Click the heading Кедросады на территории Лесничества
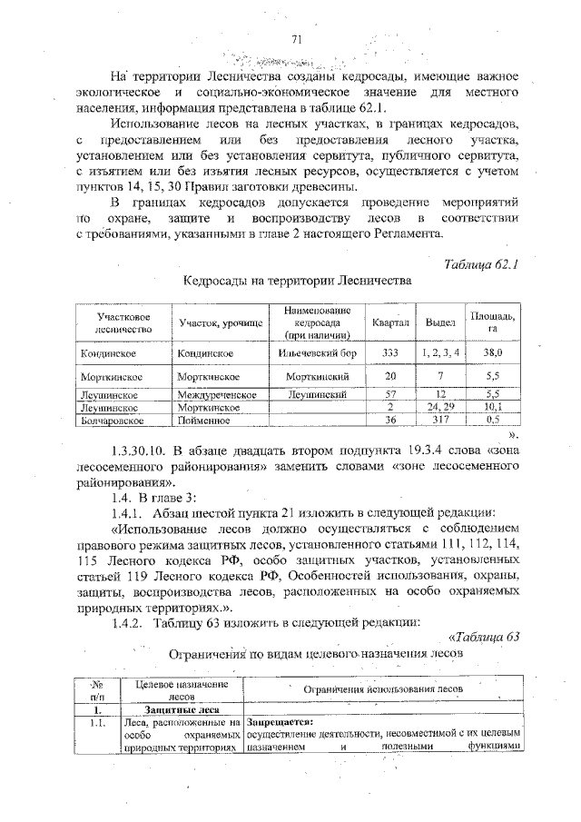[297, 282]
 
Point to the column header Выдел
[440, 322]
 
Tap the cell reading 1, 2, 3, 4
[440, 352]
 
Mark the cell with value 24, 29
[440, 408]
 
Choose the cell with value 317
[440, 421]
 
